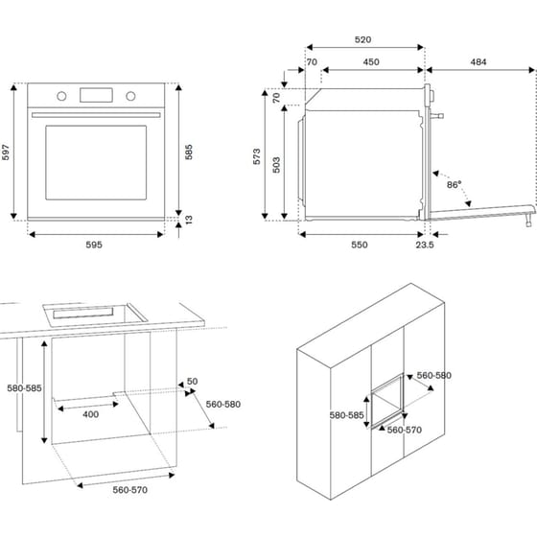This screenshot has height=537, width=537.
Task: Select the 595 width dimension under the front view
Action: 96,245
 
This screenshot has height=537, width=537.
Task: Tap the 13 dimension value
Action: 189,221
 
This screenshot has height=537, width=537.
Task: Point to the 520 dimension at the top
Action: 363,40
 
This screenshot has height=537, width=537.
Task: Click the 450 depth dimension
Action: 371,62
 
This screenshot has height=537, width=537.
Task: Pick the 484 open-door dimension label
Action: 478,62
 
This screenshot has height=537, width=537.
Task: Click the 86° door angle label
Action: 454,184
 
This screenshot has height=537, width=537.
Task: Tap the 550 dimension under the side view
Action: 359,245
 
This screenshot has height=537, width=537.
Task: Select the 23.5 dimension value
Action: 425,245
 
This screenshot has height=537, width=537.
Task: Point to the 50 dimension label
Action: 192,382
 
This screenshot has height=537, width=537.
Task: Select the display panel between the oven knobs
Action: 97,95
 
